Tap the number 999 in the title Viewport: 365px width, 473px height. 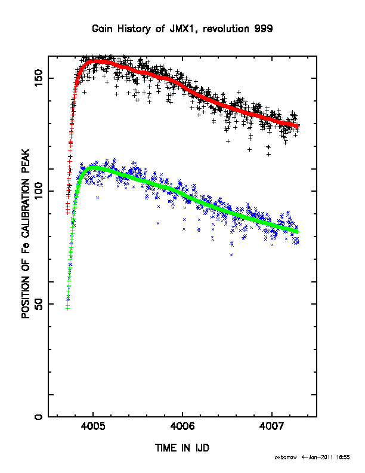click(264, 29)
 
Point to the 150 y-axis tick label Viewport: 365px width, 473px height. click(39, 78)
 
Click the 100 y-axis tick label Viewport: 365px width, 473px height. click(39, 191)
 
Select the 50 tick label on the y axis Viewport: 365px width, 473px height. click(39, 304)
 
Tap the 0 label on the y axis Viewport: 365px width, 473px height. click(39, 417)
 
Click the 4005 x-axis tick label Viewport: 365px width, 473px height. click(93, 426)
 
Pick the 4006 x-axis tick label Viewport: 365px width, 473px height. click(182, 426)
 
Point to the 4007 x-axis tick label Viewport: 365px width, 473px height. click(272, 426)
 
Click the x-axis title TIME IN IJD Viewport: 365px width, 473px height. click(182, 448)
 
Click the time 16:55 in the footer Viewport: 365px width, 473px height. click(343, 457)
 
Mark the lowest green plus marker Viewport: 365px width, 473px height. click(68, 308)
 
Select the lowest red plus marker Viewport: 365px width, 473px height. click(68, 213)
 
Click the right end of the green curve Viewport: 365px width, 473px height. click(298, 232)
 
